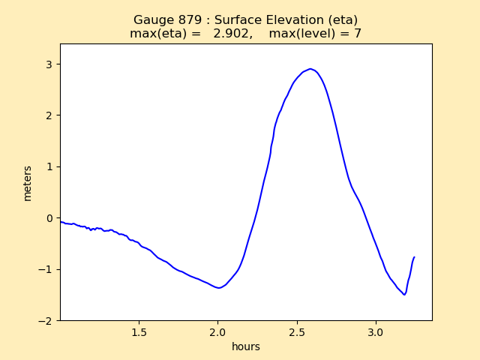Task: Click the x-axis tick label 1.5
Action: point(139,332)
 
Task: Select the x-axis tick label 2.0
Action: point(217,332)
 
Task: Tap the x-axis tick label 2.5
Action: point(297,332)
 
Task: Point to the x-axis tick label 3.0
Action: point(376,332)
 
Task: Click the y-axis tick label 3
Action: point(49,64)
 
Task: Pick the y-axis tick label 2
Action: point(49,115)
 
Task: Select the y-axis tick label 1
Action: point(49,166)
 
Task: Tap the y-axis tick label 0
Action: point(49,218)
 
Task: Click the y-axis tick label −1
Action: point(46,269)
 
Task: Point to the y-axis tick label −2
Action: point(46,320)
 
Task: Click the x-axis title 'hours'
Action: point(246,346)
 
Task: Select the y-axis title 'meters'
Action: point(28,183)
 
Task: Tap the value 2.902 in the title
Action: point(231,34)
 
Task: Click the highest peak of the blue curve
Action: point(310,69)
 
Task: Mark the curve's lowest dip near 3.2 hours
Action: point(404,294)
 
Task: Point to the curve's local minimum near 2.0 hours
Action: point(218,288)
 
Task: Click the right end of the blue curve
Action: point(414,257)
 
